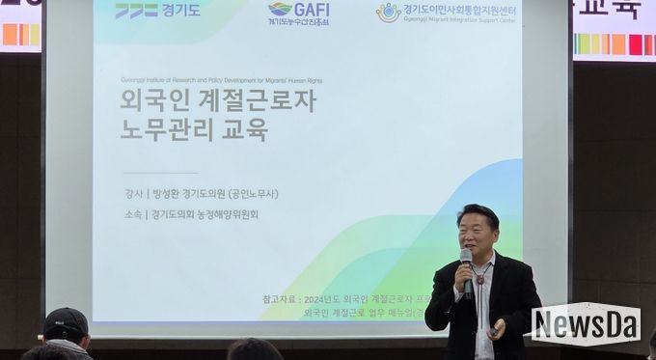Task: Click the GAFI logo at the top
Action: (299, 13)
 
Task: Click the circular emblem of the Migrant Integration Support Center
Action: (388, 13)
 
